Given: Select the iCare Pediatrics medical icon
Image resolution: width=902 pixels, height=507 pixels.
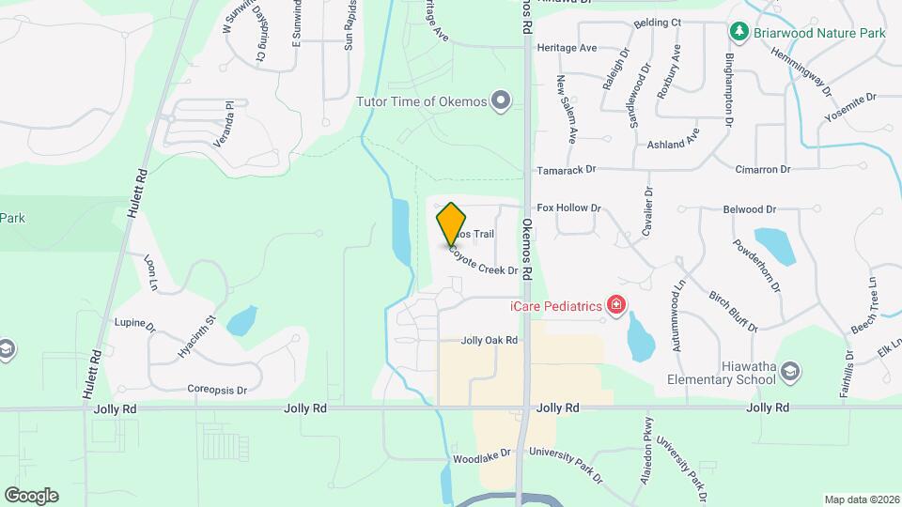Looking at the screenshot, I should coord(616,305).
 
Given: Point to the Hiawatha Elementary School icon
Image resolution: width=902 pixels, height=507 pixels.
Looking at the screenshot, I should coord(790,371).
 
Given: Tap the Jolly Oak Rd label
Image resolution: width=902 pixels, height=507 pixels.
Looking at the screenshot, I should coord(490,341).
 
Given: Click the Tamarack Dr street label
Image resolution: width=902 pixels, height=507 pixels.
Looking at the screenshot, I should coord(567,170).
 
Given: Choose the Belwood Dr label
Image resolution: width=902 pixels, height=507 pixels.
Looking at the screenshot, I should coord(749,210).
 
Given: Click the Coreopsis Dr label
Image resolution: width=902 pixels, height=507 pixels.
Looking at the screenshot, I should coord(216,390).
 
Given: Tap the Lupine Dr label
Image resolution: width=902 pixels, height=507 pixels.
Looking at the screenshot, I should coord(134,324).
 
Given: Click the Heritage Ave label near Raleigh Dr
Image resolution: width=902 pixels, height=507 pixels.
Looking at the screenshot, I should coord(567,48).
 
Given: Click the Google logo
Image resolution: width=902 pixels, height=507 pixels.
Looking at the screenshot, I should coord(31,495).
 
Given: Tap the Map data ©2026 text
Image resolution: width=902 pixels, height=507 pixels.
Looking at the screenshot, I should coord(860,499).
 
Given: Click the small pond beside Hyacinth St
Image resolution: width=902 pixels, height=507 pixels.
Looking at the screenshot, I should coord(242,321).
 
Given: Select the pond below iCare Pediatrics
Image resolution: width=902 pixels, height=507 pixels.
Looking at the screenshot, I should coord(640,339).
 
